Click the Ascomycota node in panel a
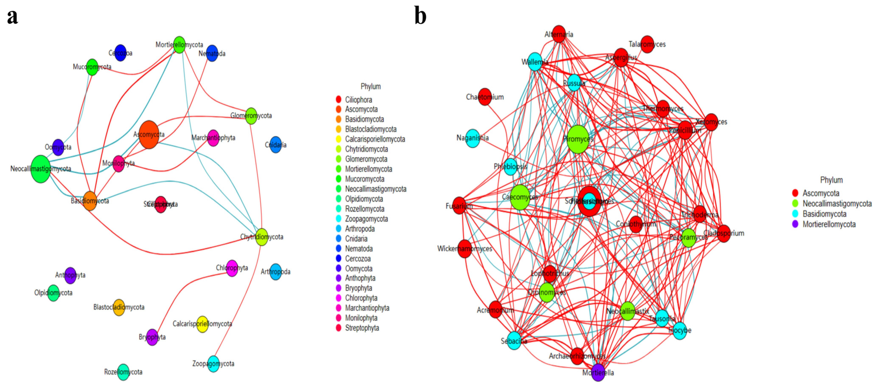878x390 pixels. pyautogui.click(x=149, y=135)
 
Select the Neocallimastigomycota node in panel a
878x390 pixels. pyautogui.click(x=41, y=169)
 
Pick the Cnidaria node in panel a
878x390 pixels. pyautogui.click(x=275, y=145)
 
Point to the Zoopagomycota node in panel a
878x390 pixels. pyautogui.click(x=213, y=364)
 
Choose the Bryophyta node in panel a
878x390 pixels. pyautogui.click(x=152, y=337)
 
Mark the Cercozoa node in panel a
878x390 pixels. pyautogui.click(x=120, y=53)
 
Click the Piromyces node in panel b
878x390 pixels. pyautogui.click(x=578, y=139)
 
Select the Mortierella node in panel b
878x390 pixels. pyautogui.click(x=598, y=372)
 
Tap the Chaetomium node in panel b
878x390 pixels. pyautogui.click(x=485, y=97)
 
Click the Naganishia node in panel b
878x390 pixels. pyautogui.click(x=473, y=138)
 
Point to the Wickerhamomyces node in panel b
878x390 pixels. pyautogui.click(x=465, y=249)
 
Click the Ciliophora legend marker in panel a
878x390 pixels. pyautogui.click(x=338, y=100)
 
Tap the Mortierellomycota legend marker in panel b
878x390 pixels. pyautogui.click(x=795, y=224)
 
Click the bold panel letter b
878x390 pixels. pyautogui.click(x=420, y=16)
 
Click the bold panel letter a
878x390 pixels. pyautogui.click(x=13, y=16)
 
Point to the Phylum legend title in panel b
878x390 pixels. pyautogui.click(x=831, y=180)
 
